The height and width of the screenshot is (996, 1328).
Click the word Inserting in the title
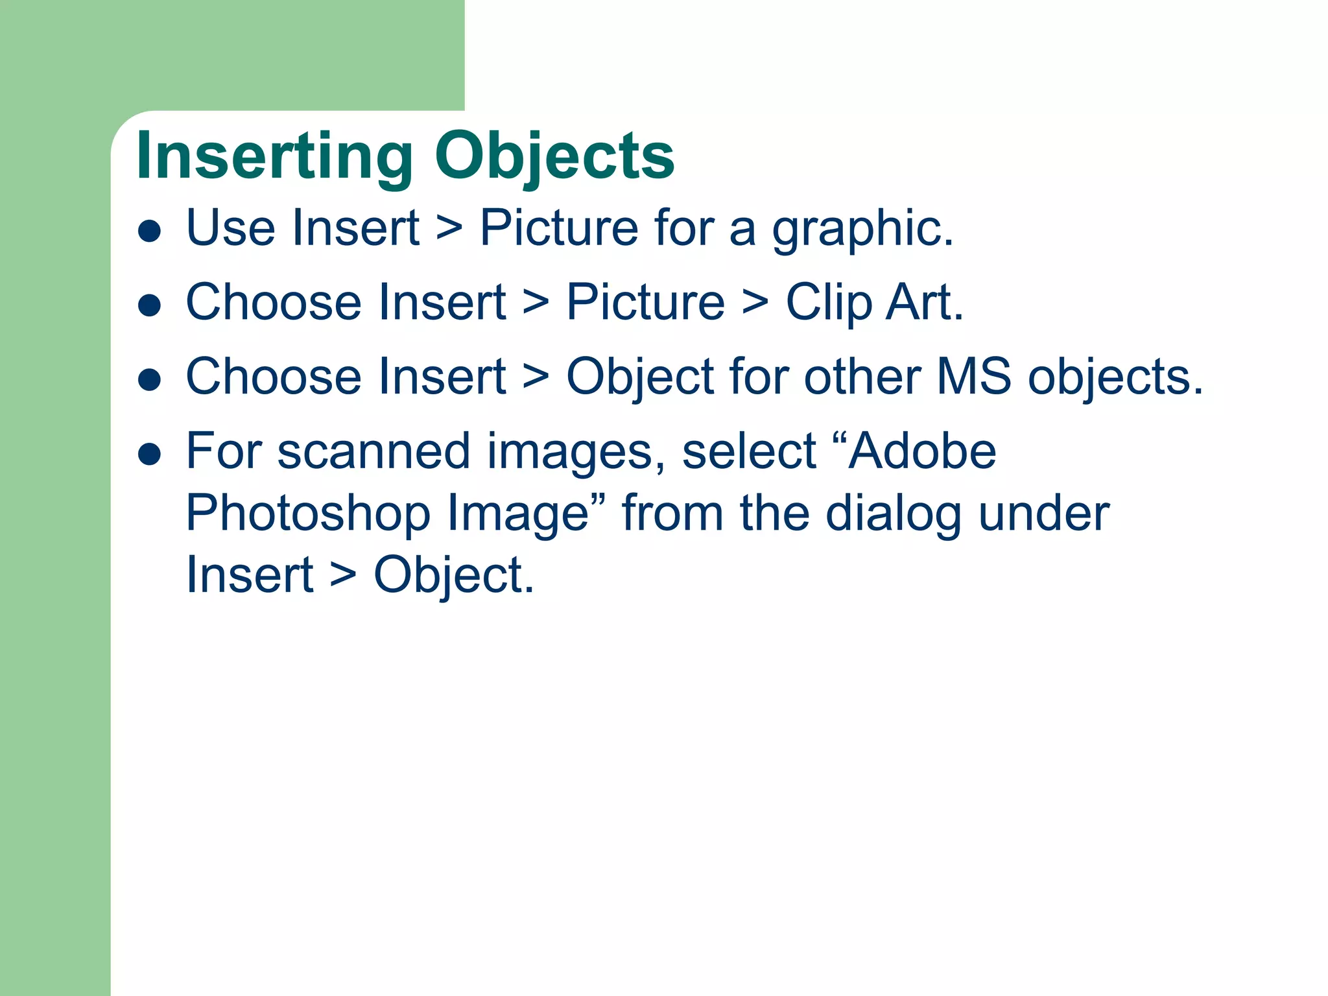(274, 157)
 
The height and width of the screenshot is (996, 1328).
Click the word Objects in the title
(554, 157)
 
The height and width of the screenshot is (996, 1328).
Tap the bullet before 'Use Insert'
(150, 231)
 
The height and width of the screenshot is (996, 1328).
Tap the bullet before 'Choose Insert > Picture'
(150, 305)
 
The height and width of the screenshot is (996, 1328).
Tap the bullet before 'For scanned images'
(150, 455)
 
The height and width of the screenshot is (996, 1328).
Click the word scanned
(373, 453)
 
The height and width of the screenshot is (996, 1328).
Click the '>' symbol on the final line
(343, 576)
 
